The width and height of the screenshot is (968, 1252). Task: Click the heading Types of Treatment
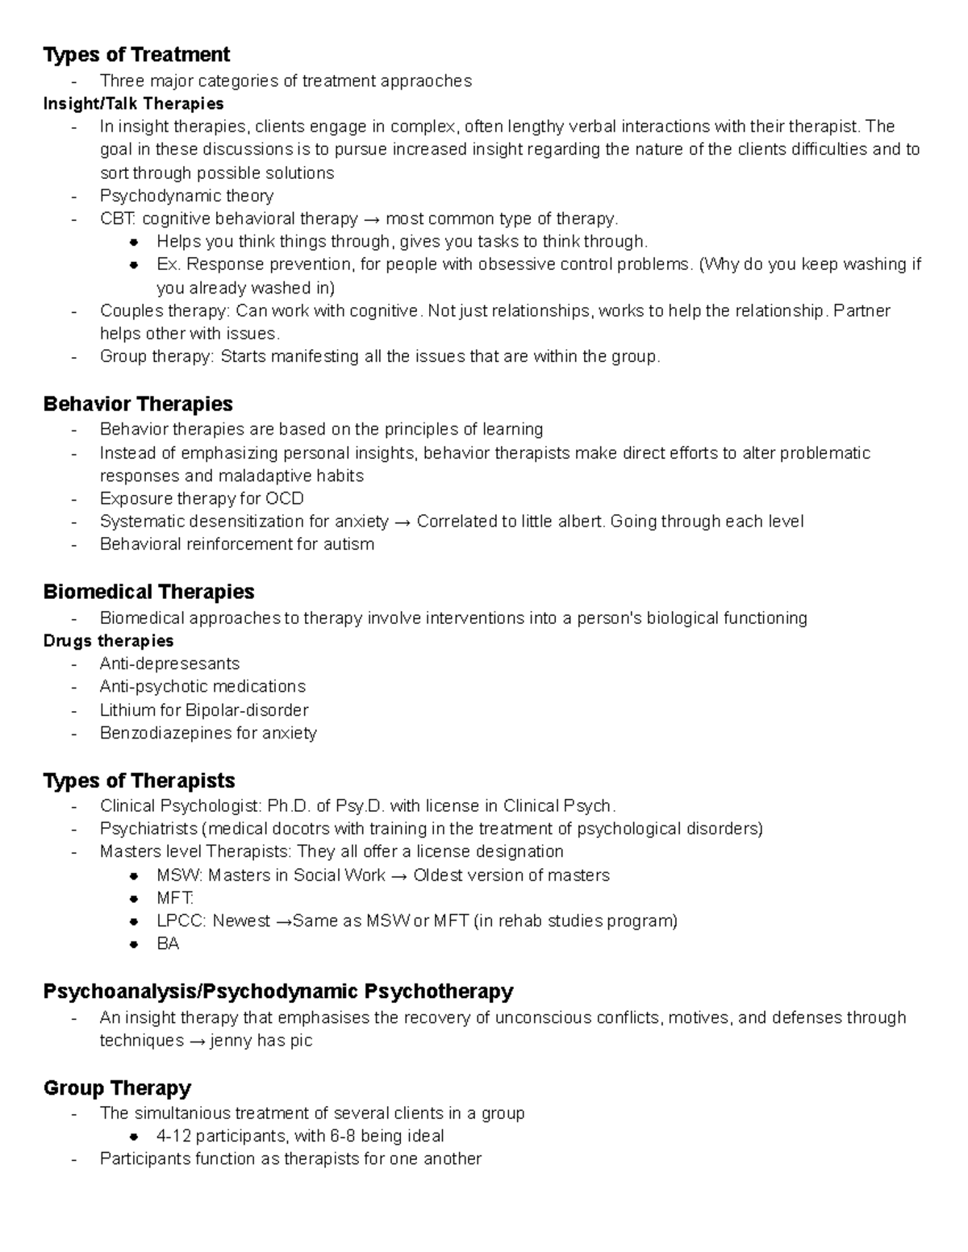136,55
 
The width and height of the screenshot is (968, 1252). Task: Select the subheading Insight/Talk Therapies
133,104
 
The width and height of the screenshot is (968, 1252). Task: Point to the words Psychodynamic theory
186,196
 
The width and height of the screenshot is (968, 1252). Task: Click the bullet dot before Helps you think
135,242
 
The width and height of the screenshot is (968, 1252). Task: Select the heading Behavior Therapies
138,404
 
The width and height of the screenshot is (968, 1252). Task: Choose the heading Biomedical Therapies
148,592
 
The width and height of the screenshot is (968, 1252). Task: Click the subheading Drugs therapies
108,641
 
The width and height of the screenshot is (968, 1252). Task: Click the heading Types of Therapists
139,780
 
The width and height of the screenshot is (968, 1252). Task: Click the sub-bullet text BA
168,944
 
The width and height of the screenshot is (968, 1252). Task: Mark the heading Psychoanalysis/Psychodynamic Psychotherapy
278,991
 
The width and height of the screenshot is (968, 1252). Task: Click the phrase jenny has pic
261,1041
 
